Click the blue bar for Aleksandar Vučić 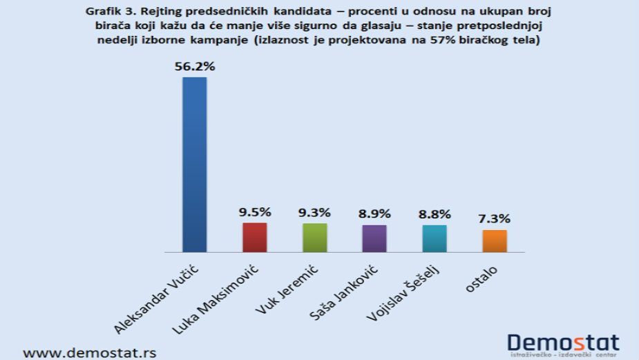(194, 164)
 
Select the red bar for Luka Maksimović (254, 238)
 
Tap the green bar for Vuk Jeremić (314, 238)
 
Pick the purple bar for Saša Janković (374, 238)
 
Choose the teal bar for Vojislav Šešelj (435, 238)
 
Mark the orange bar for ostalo (495, 240)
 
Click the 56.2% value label (194, 67)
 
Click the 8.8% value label (435, 214)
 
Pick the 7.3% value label (495, 219)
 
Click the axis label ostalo (481, 276)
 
